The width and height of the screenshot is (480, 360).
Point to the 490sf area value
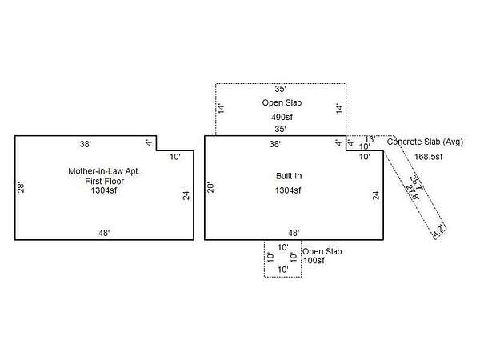pos(281,117)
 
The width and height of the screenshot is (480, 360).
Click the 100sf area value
pos(314,262)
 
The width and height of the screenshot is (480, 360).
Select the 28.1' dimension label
pos(414,183)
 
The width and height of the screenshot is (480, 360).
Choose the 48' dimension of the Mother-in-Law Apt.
pos(104,233)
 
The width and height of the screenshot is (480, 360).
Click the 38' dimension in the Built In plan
pos(274,144)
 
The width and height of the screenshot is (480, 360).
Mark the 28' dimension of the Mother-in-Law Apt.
pos(22,188)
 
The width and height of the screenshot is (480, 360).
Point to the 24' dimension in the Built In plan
pos(374,194)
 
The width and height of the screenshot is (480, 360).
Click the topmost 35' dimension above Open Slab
pos(280,90)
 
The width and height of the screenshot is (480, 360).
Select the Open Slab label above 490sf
pos(280,104)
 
